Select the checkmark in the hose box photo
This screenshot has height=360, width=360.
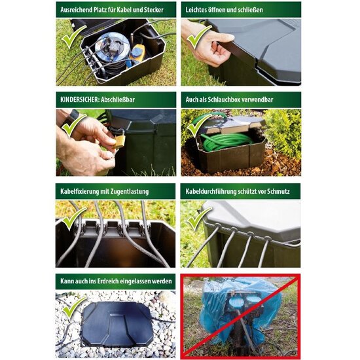(x=196, y=124)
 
